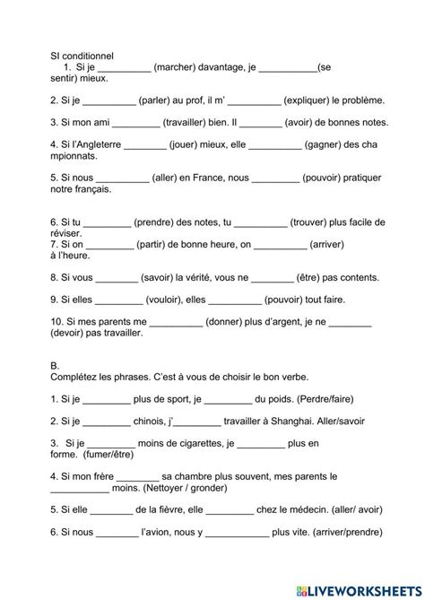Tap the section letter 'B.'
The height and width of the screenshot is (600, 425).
tap(55, 365)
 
